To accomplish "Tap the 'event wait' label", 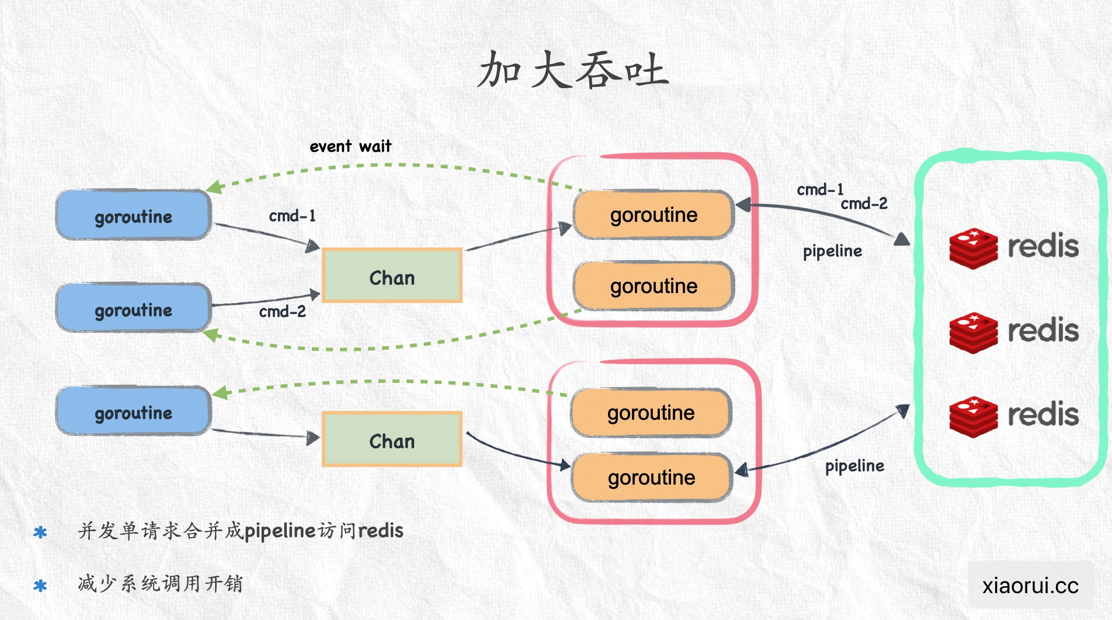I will point(350,146).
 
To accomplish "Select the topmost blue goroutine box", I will point(133,216).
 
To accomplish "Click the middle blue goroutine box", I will point(133,309).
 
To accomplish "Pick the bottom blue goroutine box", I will point(133,412).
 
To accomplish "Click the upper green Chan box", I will point(392,277).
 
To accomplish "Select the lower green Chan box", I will point(392,440).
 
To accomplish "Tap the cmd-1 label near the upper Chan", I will point(292,216).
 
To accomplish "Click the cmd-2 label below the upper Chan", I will point(282,312).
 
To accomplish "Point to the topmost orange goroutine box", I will point(654,215).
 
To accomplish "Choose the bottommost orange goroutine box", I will point(651,478).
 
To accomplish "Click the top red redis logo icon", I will point(973,248).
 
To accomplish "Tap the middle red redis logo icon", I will point(973,332).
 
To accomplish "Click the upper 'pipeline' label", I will point(832,251).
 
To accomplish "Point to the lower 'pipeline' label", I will point(854,466).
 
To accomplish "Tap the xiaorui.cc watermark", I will point(1030,585).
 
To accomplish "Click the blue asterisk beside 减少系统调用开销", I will point(40,585).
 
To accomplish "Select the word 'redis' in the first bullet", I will point(380,531).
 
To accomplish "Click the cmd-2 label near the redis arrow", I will point(864,204).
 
